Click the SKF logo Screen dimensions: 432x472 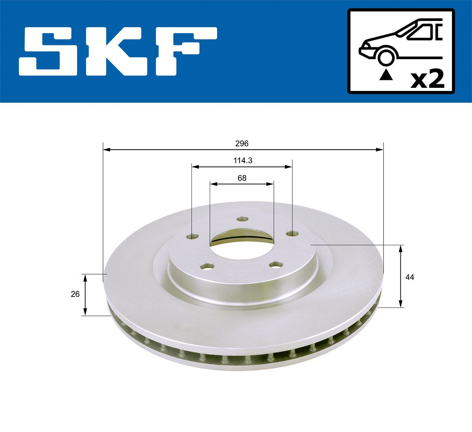[118, 51]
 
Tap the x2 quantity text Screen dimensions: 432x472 [428, 80]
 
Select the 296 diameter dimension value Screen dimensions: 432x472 [242, 144]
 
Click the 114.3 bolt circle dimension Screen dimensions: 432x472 [242, 160]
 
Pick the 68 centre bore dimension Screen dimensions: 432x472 [242, 178]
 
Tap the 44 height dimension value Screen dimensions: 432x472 [410, 277]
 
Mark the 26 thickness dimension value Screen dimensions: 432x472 [76, 294]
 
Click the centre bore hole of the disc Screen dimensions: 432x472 [241, 243]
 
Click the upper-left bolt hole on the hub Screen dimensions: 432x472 [193, 237]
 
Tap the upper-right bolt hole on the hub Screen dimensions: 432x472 [291, 234]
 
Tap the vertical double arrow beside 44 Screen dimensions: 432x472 [400, 276]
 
